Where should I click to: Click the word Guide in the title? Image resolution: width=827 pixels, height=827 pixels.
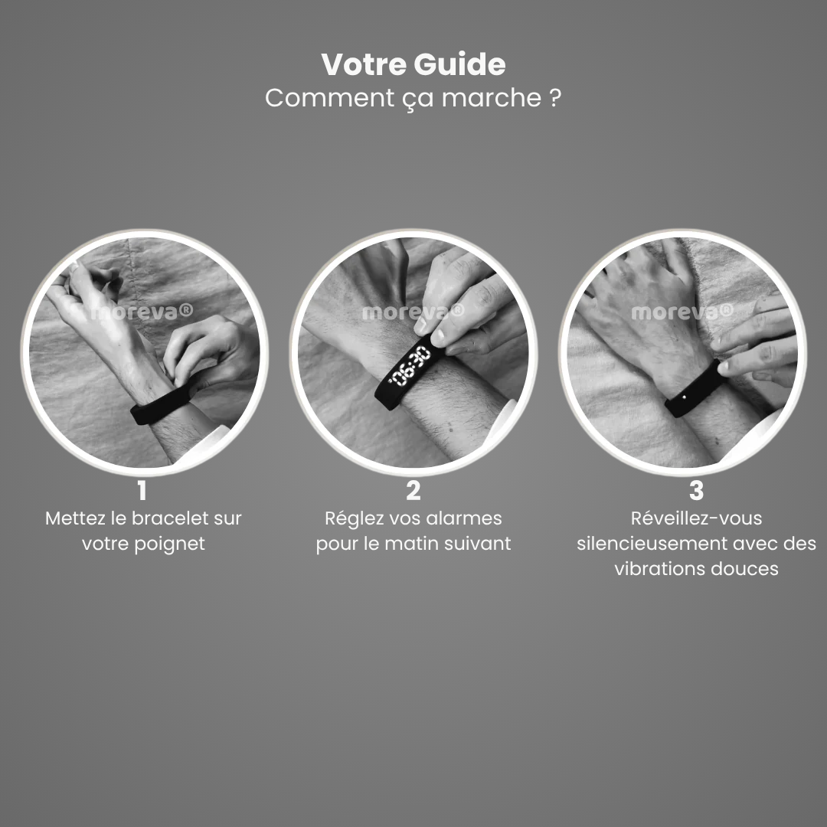click(459, 64)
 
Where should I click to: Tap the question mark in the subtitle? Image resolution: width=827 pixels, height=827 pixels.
click(554, 97)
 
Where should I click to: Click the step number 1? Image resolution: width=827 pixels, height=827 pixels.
click(142, 491)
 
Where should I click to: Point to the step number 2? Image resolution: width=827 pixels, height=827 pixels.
click(413, 491)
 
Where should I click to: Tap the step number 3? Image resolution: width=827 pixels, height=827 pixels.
click(696, 491)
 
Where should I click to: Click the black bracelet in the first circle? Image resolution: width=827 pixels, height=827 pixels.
click(161, 405)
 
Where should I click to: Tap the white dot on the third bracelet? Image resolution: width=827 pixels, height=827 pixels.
click(685, 397)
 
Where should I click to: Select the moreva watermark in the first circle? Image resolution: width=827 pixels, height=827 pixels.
click(142, 312)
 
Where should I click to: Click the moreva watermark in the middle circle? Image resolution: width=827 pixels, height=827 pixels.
click(413, 312)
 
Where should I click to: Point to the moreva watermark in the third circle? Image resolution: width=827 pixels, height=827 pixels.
click(682, 312)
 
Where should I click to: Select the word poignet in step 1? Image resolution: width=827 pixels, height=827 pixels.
click(168, 543)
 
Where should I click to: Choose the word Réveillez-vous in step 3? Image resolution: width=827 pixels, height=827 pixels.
click(696, 518)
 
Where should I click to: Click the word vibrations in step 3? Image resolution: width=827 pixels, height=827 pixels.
click(659, 568)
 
